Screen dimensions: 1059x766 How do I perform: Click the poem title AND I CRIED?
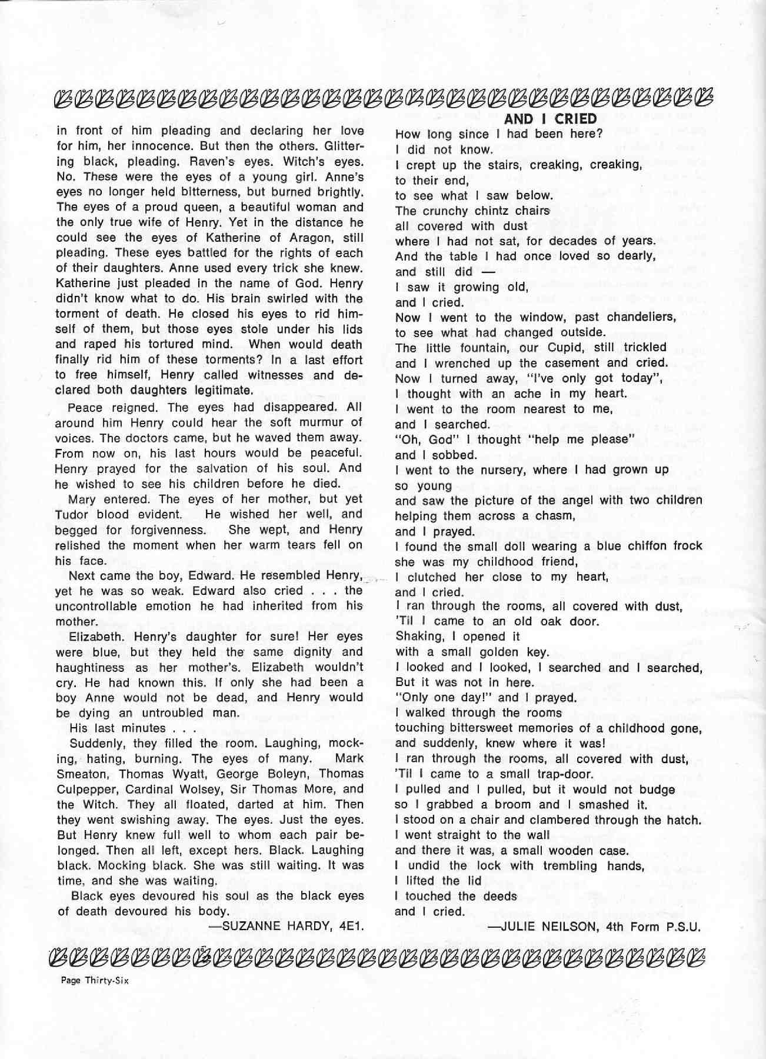tap(550, 118)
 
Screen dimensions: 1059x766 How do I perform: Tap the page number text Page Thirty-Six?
tap(95, 980)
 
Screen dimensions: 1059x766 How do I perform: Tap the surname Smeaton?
tap(82, 774)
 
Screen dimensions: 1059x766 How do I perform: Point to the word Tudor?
tap(72, 514)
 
